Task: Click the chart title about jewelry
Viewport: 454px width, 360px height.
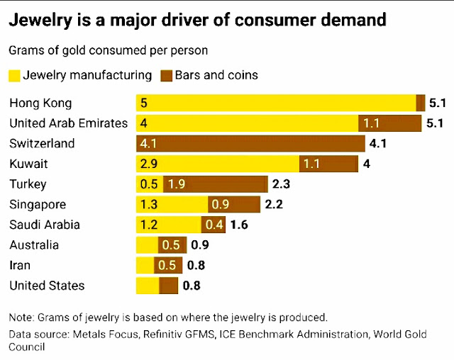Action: pyautogui.click(x=197, y=20)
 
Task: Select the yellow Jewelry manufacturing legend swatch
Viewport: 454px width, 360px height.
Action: pyautogui.click(x=14, y=75)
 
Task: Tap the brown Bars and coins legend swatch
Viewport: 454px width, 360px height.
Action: pyautogui.click(x=167, y=75)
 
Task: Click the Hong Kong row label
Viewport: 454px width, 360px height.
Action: pyautogui.click(x=40, y=103)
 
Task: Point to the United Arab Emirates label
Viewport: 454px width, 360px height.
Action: pyautogui.click(x=68, y=123)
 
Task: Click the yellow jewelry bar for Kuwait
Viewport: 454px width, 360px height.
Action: pyautogui.click(x=217, y=164)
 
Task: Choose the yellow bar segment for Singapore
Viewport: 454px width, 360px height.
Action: pyautogui.click(x=172, y=205)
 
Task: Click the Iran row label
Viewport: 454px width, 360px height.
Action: pyautogui.click(x=21, y=266)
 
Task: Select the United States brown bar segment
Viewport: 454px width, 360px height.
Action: pyautogui.click(x=169, y=286)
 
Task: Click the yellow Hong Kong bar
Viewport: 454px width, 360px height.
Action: pyautogui.click(x=276, y=103)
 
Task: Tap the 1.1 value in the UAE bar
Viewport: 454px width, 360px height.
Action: pyautogui.click(x=371, y=123)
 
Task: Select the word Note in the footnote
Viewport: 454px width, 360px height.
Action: pyautogui.click(x=21, y=317)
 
